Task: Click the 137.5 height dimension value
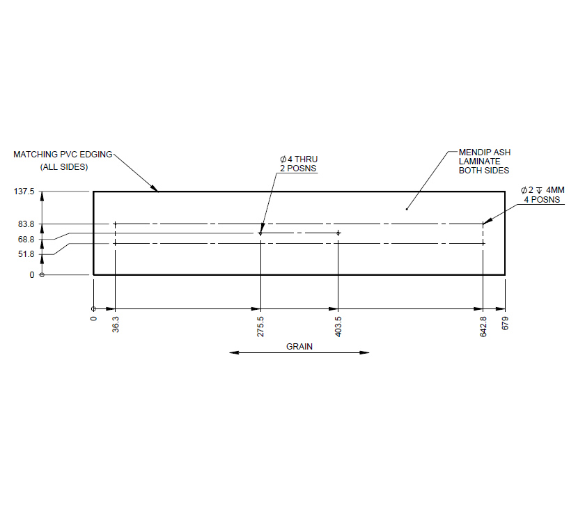(x=24, y=191)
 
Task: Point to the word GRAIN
(x=299, y=346)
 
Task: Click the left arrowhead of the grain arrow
(x=233, y=353)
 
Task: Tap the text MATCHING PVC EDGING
(x=63, y=154)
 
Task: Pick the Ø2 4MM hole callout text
(x=545, y=189)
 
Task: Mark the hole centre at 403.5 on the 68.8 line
(x=338, y=233)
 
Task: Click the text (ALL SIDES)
(x=63, y=167)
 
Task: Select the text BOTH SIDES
(x=483, y=171)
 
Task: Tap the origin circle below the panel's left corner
(x=93, y=308)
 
